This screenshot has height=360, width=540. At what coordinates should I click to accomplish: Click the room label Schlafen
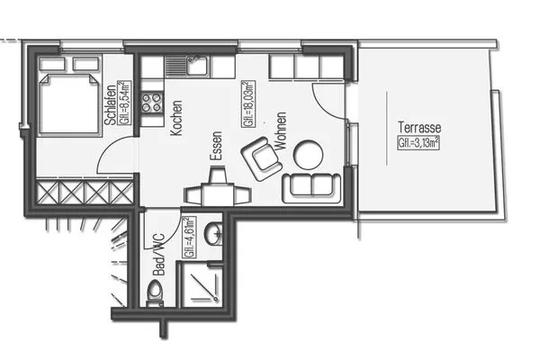pyautogui.click(x=111, y=104)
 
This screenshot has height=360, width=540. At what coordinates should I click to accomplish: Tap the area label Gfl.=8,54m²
pyautogui.click(x=124, y=103)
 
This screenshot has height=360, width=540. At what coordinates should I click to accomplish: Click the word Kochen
pyautogui.click(x=176, y=118)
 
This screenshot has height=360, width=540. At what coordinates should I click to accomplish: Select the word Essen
pyautogui.click(x=216, y=146)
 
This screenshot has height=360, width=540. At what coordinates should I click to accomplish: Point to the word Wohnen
pyautogui.click(x=281, y=130)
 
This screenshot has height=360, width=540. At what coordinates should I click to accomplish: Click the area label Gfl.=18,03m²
pyautogui.click(x=248, y=104)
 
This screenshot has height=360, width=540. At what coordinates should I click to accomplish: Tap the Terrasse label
pyautogui.click(x=419, y=128)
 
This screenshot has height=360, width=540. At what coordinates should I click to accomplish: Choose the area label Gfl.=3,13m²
pyautogui.click(x=418, y=142)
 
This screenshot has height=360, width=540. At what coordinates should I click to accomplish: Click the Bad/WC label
pyautogui.click(x=158, y=255)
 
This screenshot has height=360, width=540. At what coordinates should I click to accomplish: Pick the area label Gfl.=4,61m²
pyautogui.click(x=189, y=238)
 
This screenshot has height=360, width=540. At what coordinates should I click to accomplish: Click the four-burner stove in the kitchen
pyautogui.click(x=152, y=102)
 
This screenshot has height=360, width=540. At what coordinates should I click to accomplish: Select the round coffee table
pyautogui.click(x=308, y=155)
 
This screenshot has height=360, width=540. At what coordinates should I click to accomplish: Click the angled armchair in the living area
pyautogui.click(x=262, y=158)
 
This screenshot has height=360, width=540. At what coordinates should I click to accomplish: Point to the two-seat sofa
pyautogui.click(x=311, y=188)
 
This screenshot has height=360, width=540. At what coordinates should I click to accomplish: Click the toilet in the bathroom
pyautogui.click(x=155, y=293)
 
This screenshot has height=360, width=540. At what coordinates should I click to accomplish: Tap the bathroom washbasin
pyautogui.click(x=213, y=234)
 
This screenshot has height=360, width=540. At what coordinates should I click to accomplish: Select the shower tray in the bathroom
pyautogui.click(x=202, y=285)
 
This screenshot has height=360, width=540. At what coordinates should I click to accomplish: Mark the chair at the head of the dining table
pyautogui.click(x=218, y=174)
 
